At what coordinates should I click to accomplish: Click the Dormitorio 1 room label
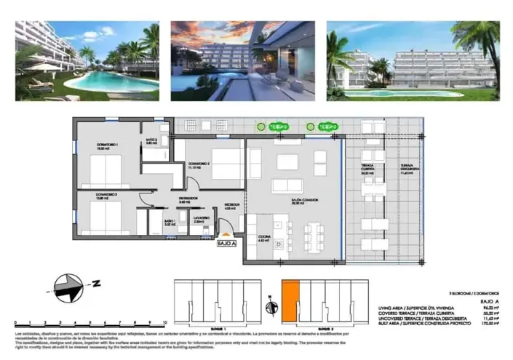click(107, 148)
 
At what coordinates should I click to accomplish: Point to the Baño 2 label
click(151, 142)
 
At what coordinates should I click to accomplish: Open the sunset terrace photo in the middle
click(242, 60)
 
